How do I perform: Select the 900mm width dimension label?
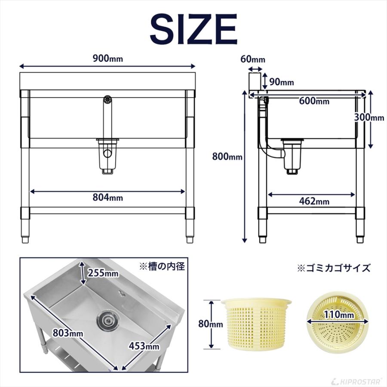point(107,59)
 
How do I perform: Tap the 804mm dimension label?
point(107,197)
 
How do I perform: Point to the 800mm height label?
point(227,157)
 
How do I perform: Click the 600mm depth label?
point(314,101)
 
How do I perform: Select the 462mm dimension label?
point(314,201)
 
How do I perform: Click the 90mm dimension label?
point(281,82)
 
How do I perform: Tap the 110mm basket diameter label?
point(340,315)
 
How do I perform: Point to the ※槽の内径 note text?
point(161,267)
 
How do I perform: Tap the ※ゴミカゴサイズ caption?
point(334,268)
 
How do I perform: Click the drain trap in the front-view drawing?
point(107,156)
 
